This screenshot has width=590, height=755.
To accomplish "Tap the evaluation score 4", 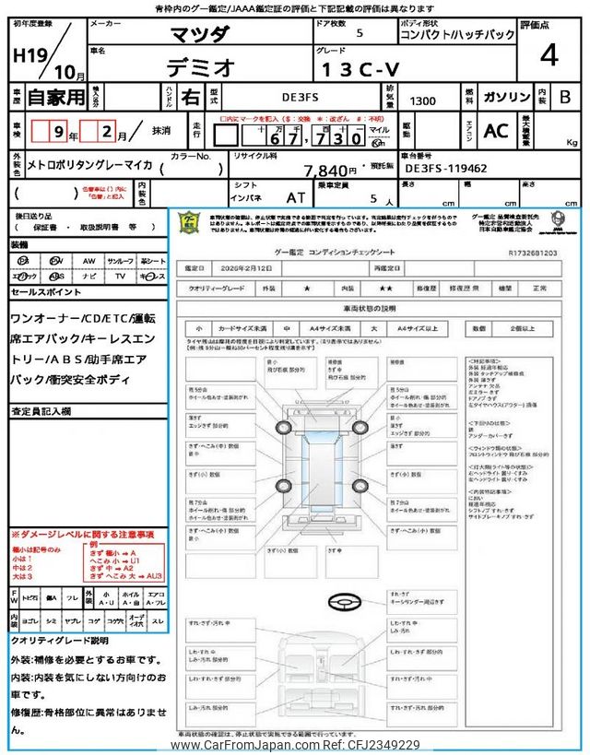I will (x=549, y=55).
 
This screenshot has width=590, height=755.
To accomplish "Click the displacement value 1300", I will (x=425, y=100).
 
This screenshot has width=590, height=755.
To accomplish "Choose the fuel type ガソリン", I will (x=506, y=96).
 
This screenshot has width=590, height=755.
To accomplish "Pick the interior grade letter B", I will (x=565, y=97).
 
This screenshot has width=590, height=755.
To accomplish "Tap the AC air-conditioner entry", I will (x=495, y=131).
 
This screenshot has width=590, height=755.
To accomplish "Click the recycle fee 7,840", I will (x=330, y=171).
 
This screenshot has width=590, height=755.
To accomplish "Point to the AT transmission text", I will (x=296, y=196).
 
